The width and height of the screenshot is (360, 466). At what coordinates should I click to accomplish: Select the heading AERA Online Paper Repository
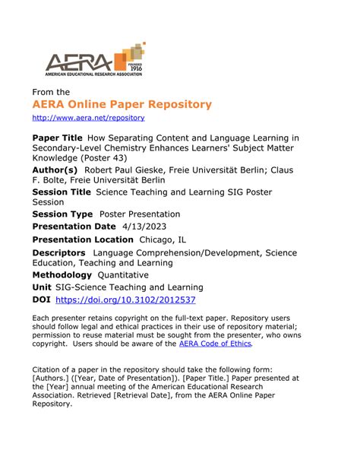pyautogui.click(x=122, y=104)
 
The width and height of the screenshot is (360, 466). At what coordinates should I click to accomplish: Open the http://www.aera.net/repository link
pyautogui.click(x=88, y=119)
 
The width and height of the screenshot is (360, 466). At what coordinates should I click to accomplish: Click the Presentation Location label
pyautogui.click(x=83, y=239)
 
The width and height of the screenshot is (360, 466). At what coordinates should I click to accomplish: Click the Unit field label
pyautogui.click(x=41, y=287)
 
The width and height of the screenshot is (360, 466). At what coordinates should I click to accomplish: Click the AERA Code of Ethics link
pyautogui.click(x=215, y=344)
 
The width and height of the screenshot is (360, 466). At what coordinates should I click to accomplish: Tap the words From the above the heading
pyautogui.click(x=50, y=92)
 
